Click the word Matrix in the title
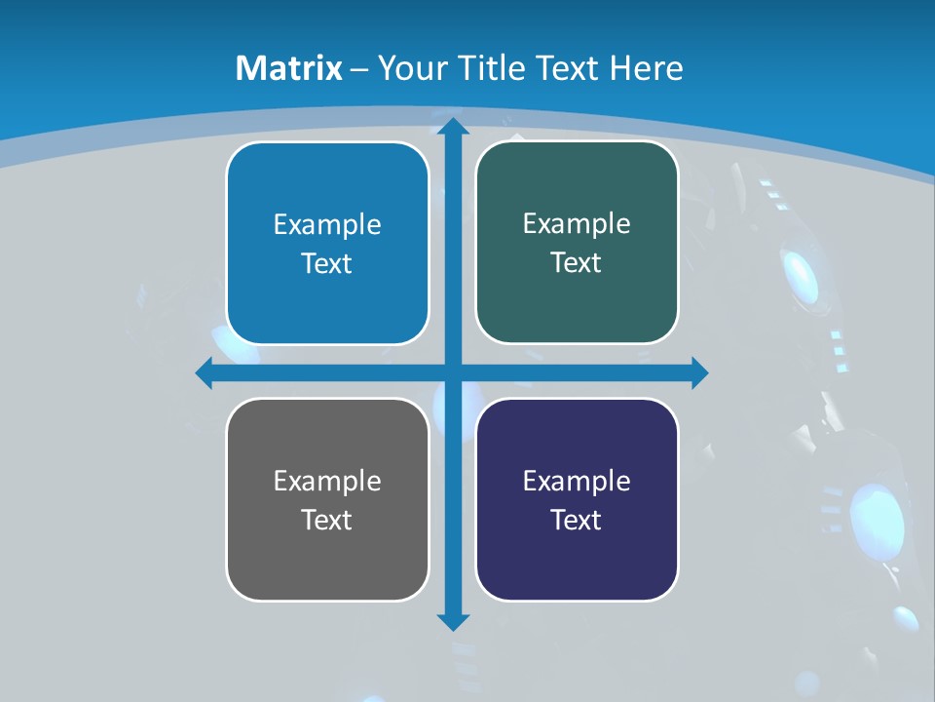(x=289, y=68)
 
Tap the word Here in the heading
(x=647, y=68)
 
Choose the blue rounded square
(x=327, y=292)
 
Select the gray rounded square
(x=327, y=556)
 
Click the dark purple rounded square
(x=577, y=556)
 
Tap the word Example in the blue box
(x=327, y=225)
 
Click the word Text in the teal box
(x=577, y=262)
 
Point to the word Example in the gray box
(x=327, y=481)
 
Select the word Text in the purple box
(x=577, y=520)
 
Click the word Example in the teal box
(x=577, y=224)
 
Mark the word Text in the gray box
(x=327, y=520)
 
